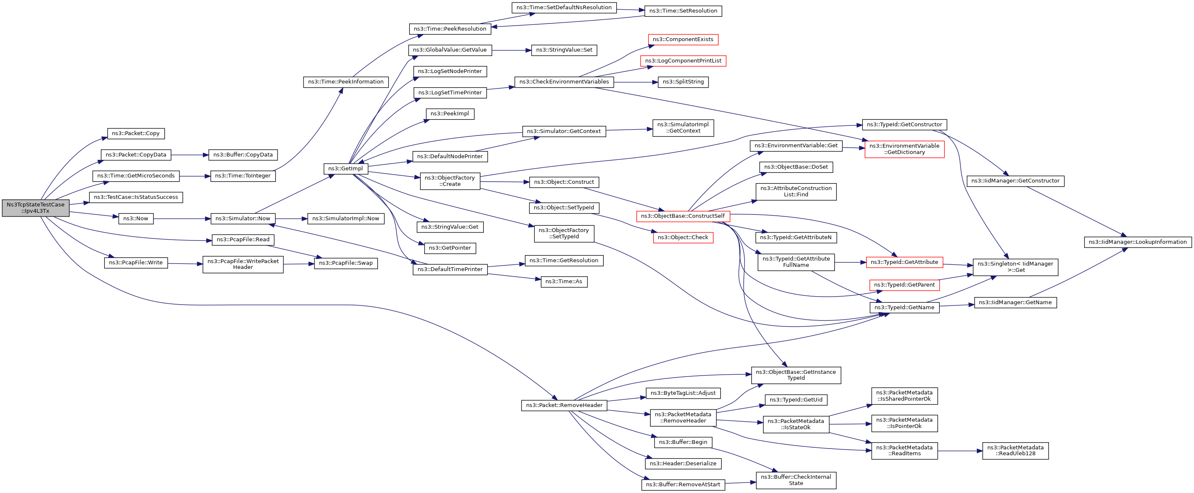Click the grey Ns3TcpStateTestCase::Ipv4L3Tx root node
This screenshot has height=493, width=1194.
click(36, 208)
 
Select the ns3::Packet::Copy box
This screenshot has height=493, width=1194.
click(136, 133)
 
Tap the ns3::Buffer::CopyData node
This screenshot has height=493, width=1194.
click(243, 155)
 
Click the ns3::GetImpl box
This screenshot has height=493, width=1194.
click(346, 169)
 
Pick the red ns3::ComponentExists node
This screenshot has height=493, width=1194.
click(683, 39)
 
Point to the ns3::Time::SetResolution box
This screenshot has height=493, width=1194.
click(683, 10)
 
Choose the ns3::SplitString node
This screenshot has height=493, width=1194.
click(683, 82)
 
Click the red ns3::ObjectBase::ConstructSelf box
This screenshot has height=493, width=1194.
click(683, 216)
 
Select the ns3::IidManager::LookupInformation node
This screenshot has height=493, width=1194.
click(1137, 242)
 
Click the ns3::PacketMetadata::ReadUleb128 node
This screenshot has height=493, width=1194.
click(1015, 451)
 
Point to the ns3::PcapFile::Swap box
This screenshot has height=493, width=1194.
click(346, 263)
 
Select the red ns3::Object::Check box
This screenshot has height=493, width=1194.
click(683, 237)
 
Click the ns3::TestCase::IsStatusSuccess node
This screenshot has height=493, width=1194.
click(136, 197)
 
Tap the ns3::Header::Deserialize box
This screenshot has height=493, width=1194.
click(683, 463)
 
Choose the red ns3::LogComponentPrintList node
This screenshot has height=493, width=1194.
click(683, 61)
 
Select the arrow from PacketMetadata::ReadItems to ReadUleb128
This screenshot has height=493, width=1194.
click(960, 451)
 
